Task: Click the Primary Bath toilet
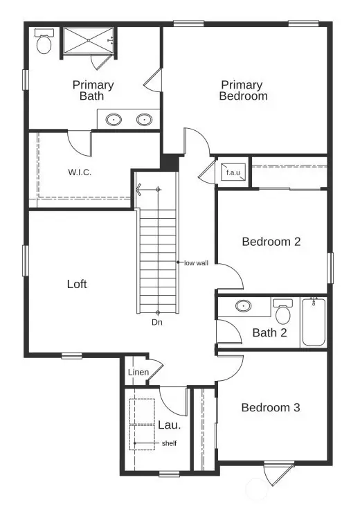click(44, 43)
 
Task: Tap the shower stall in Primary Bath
click(88, 41)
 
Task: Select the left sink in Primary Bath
click(113, 120)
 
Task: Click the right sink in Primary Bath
click(144, 120)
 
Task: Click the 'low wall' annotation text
click(196, 262)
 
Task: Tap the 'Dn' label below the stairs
click(157, 321)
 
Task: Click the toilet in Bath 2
click(282, 312)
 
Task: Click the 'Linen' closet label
click(138, 373)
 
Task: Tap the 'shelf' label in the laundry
click(169, 443)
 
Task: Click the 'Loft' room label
click(77, 284)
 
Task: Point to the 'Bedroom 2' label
click(271, 242)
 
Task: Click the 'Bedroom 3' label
click(270, 408)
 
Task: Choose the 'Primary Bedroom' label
click(242, 91)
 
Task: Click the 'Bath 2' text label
click(269, 333)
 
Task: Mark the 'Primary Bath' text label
click(93, 91)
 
